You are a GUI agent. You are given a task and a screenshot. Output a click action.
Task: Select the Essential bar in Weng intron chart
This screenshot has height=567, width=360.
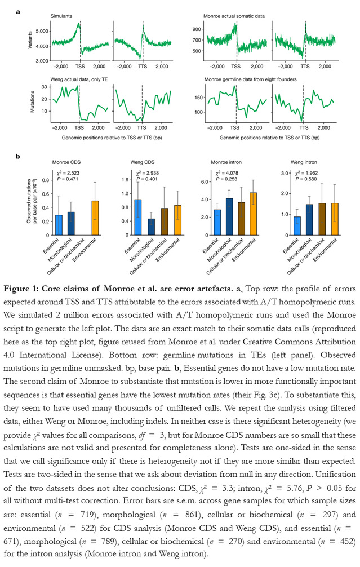(x=296, y=226)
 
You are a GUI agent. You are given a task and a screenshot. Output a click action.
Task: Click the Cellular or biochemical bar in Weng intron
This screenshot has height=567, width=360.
(x=322, y=219)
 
